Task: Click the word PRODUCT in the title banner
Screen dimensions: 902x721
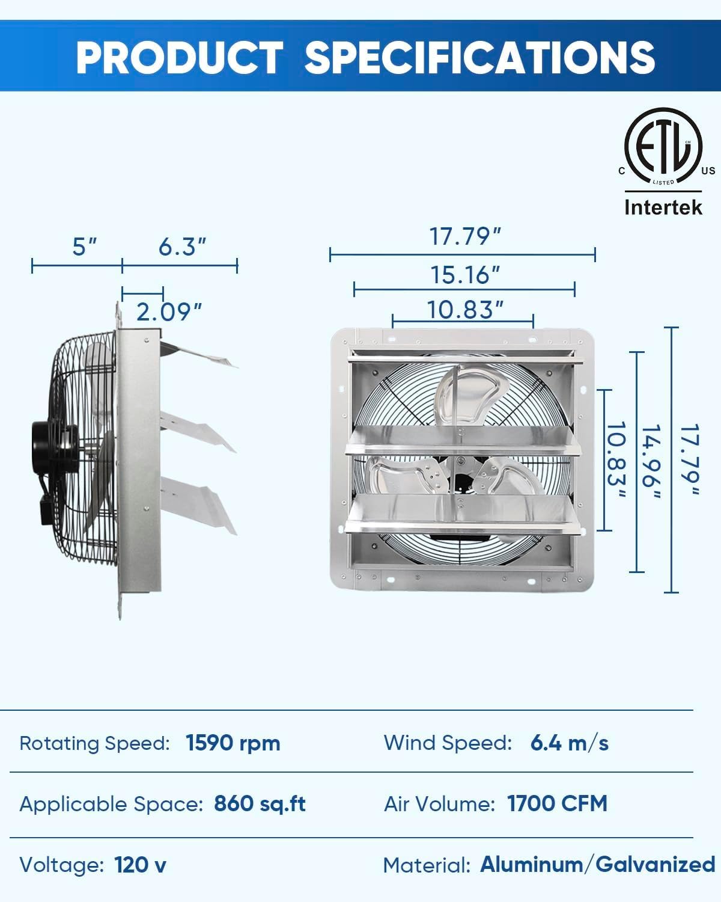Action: tap(178, 57)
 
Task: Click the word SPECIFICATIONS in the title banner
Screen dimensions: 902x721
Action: tap(479, 57)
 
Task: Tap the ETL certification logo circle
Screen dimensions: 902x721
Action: tap(663, 147)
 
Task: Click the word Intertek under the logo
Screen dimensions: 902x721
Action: tap(663, 207)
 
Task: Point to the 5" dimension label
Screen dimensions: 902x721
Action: tap(84, 247)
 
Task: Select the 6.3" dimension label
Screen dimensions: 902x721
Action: tap(182, 247)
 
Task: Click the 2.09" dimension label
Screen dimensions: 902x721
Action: tap(169, 312)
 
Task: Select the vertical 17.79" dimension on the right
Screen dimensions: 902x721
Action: tap(689, 461)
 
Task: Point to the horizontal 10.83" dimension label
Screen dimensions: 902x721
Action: tap(464, 310)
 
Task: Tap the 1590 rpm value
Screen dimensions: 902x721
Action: tap(233, 743)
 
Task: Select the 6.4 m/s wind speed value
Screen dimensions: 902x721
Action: tap(569, 743)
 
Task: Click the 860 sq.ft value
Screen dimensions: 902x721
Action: tap(260, 803)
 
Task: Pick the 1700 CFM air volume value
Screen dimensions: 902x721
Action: tap(557, 803)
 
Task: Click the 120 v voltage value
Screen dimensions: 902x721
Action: tap(140, 865)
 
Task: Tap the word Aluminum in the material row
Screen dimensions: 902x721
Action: tap(531, 865)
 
